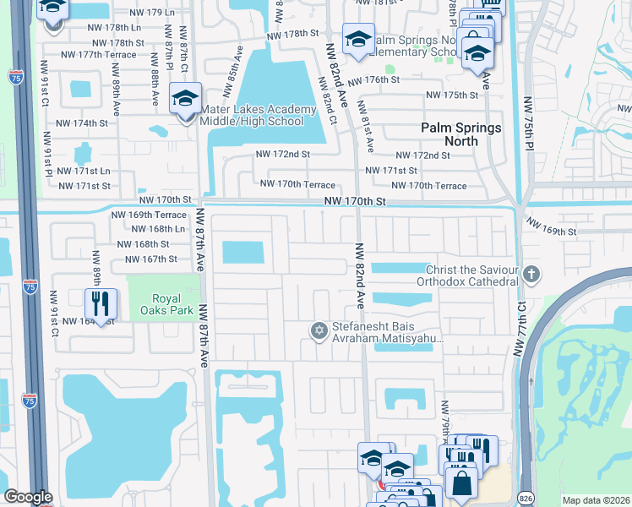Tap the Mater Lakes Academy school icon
(x=184, y=100)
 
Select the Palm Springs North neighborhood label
(x=461, y=134)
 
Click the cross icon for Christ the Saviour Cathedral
(x=531, y=274)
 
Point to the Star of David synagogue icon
(x=319, y=330)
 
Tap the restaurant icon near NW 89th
(x=101, y=303)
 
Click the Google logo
(x=28, y=497)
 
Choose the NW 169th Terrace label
(x=149, y=215)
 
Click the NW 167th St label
(x=149, y=259)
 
